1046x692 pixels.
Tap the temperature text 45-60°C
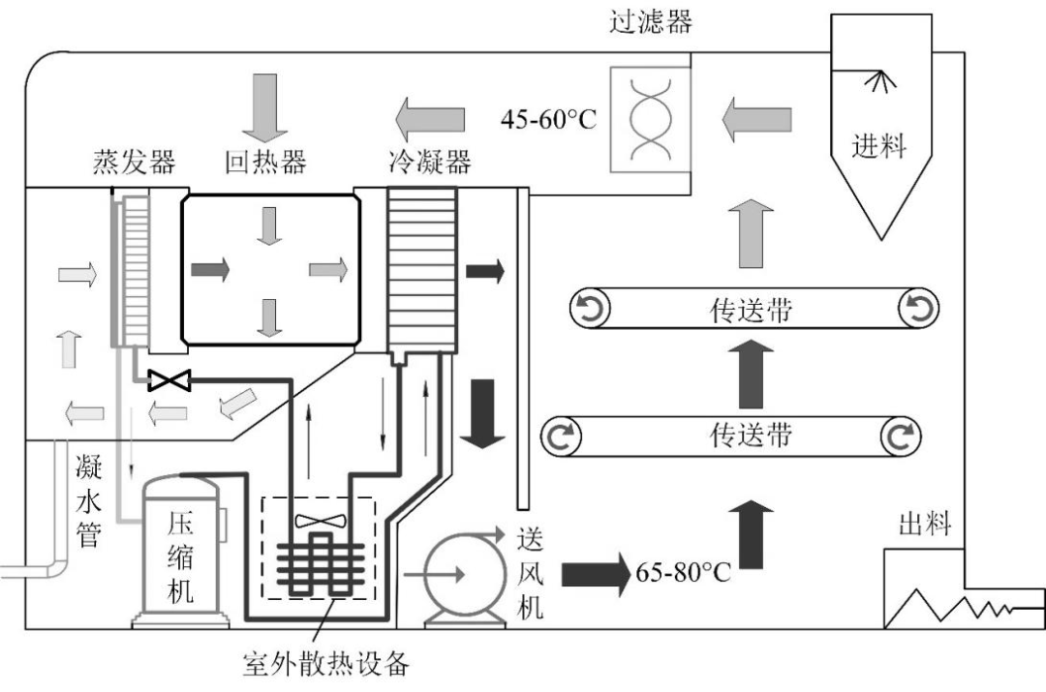point(549,120)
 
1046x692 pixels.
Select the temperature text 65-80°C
point(683,571)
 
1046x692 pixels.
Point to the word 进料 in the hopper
point(878,146)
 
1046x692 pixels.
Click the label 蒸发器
point(134,163)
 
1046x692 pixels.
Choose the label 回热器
point(265,163)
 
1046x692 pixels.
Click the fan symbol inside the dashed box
point(319,521)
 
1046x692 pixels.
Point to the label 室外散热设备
point(326,665)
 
